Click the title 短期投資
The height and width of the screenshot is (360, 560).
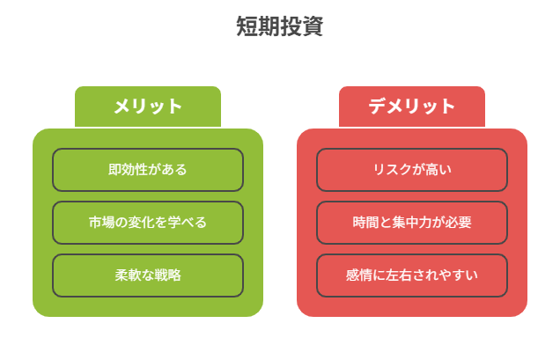click(x=280, y=26)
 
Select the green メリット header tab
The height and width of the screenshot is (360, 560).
click(x=148, y=107)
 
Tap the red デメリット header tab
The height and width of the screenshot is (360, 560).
click(x=412, y=107)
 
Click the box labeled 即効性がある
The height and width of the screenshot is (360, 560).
click(x=148, y=170)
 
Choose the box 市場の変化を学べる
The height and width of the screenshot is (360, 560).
click(x=148, y=223)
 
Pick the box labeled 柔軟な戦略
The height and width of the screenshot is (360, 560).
click(x=148, y=276)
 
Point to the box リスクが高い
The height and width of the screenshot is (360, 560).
click(x=412, y=170)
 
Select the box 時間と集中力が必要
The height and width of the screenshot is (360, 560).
click(x=412, y=223)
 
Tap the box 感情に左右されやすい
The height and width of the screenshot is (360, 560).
click(x=412, y=276)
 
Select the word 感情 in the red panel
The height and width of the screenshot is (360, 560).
click(x=359, y=276)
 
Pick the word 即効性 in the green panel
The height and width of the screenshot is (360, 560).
click(x=128, y=170)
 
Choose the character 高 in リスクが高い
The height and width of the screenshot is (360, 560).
click(x=431, y=170)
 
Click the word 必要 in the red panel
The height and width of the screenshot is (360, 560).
click(x=459, y=223)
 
